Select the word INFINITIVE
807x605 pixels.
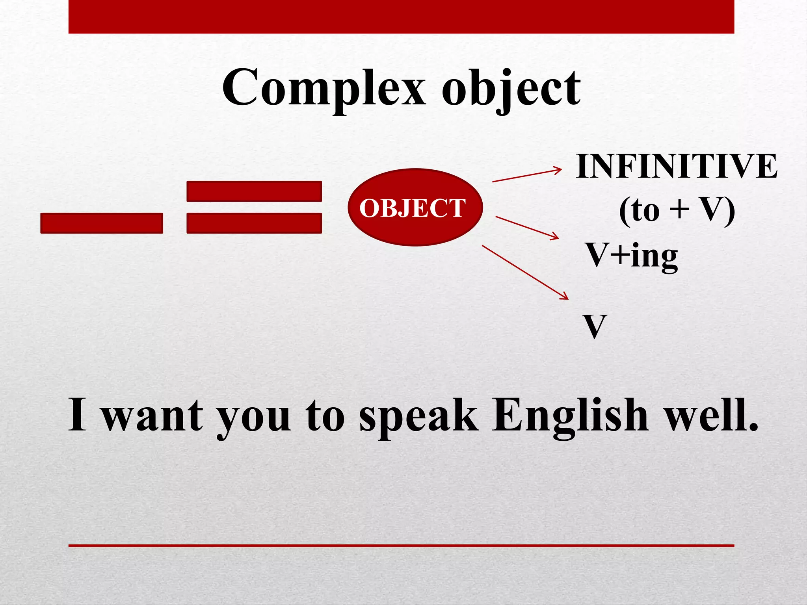pyautogui.click(x=676, y=167)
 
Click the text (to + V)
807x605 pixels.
pyautogui.click(x=676, y=210)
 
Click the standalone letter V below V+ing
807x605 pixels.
pyautogui.click(x=595, y=326)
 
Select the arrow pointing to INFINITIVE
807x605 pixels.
pyautogui.click(x=527, y=176)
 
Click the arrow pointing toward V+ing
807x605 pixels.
pyautogui.click(x=527, y=227)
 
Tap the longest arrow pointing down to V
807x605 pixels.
pyautogui.click(x=525, y=272)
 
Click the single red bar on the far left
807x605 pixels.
pyautogui.click(x=102, y=223)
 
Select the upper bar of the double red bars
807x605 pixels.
pyautogui.click(x=254, y=191)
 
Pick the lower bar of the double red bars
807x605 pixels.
pyautogui.click(x=254, y=223)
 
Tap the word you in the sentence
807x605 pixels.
pyautogui.click(x=254, y=418)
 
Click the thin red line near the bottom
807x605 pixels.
pyautogui.click(x=401, y=546)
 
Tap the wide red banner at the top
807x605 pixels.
pyautogui.click(x=401, y=17)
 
